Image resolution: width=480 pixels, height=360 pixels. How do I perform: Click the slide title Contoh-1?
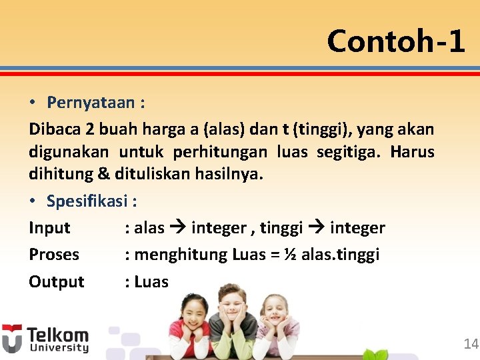(396, 41)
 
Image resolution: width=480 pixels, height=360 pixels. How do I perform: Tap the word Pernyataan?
(93, 103)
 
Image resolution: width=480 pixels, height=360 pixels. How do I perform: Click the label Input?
(49, 228)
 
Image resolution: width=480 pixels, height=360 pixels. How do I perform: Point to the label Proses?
(54, 255)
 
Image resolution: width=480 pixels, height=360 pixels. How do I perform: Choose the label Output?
(57, 282)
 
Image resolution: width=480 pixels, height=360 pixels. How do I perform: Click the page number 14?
(471, 344)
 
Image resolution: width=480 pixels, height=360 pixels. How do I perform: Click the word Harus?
(412, 152)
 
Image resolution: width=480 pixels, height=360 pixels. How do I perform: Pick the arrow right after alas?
(177, 228)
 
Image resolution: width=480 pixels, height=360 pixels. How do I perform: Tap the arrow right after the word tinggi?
(316, 228)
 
